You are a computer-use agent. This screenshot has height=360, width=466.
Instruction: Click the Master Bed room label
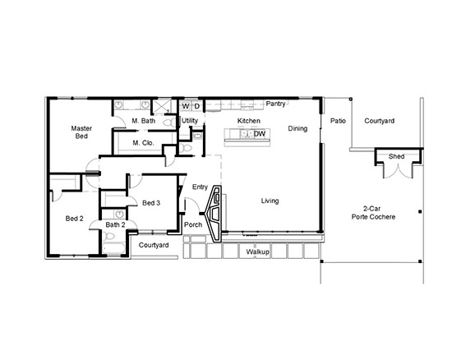(x=81, y=132)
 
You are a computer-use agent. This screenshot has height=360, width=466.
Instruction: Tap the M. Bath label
(x=145, y=121)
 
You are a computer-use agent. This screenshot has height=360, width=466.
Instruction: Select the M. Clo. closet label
(x=144, y=143)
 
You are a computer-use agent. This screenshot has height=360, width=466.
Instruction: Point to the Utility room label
(x=190, y=121)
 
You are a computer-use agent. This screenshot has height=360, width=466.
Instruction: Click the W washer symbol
(x=186, y=106)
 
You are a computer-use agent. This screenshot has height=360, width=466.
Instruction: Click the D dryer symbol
(x=196, y=106)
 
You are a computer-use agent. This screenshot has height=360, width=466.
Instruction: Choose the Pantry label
(x=276, y=104)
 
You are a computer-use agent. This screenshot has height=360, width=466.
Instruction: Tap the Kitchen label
(x=249, y=121)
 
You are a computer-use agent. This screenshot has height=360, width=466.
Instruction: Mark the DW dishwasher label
(x=259, y=134)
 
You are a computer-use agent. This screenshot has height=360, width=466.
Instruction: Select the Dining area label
(x=298, y=128)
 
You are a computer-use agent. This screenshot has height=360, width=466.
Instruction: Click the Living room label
(x=270, y=201)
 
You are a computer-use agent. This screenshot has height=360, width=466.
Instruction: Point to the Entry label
(x=200, y=187)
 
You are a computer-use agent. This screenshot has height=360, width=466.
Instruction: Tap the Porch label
(x=193, y=224)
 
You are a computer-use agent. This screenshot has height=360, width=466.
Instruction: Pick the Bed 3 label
(x=151, y=203)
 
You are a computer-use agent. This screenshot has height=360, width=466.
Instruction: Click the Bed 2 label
(x=75, y=218)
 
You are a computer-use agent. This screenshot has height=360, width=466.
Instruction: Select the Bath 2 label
(x=114, y=224)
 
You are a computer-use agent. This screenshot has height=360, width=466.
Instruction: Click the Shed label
(x=396, y=156)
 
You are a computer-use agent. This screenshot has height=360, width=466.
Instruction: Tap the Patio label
(x=338, y=121)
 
